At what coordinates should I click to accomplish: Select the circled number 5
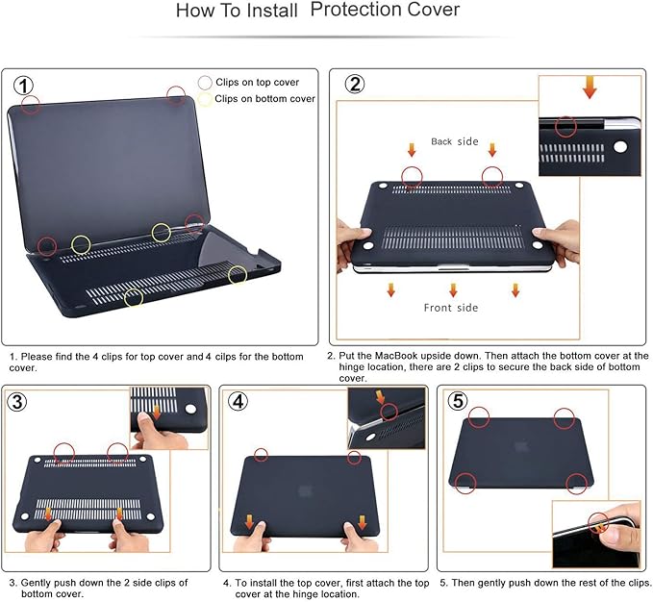point(459,401)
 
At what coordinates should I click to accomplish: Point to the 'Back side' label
point(454,141)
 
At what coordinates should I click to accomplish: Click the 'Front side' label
point(452,308)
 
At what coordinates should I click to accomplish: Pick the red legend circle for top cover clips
point(204,83)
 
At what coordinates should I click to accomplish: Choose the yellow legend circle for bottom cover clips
point(204,98)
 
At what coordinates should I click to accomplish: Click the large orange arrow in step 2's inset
point(590,88)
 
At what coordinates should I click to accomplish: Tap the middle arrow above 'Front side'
point(453,288)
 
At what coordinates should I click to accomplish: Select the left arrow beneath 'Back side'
point(412,150)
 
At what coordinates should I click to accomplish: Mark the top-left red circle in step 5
point(479,416)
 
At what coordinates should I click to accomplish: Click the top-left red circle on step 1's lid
point(31,104)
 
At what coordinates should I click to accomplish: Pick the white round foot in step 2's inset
point(618,148)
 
